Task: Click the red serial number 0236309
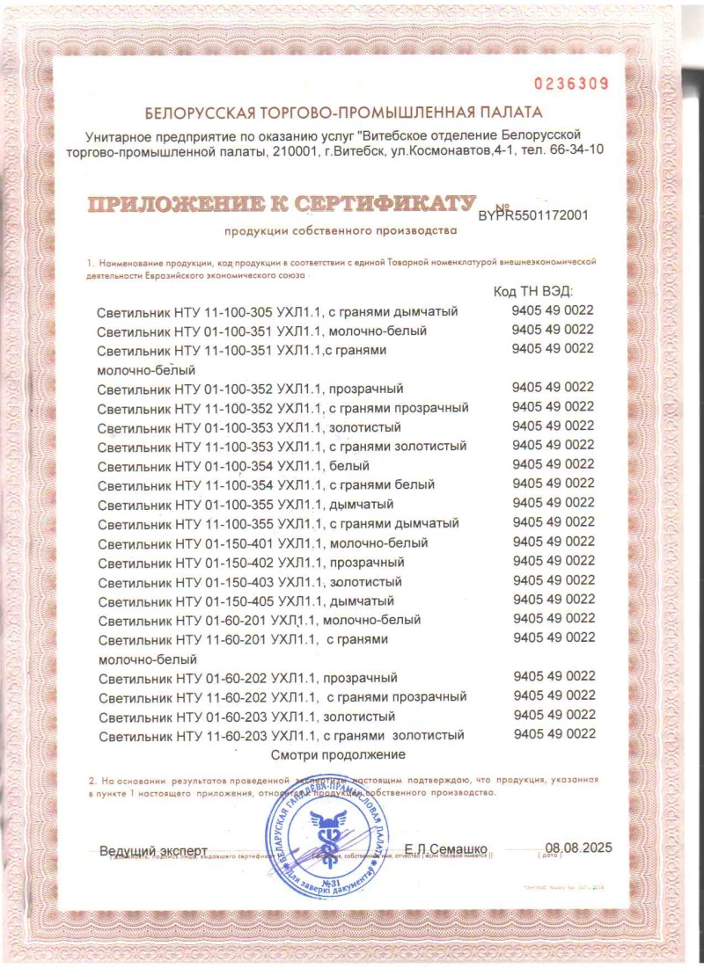[572, 84]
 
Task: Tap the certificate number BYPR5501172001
[532, 215]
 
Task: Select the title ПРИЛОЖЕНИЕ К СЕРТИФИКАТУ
[281, 205]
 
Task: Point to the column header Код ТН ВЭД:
[534, 292]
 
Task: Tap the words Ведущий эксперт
[153, 851]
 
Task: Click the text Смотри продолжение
[338, 754]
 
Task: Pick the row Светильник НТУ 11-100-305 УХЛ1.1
[278, 312]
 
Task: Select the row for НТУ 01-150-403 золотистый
[250, 582]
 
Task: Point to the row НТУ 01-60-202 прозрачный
[248, 678]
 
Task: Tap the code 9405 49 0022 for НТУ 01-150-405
[554, 600]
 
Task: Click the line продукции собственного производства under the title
[341, 231]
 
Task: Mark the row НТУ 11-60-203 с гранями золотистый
[281, 735]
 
